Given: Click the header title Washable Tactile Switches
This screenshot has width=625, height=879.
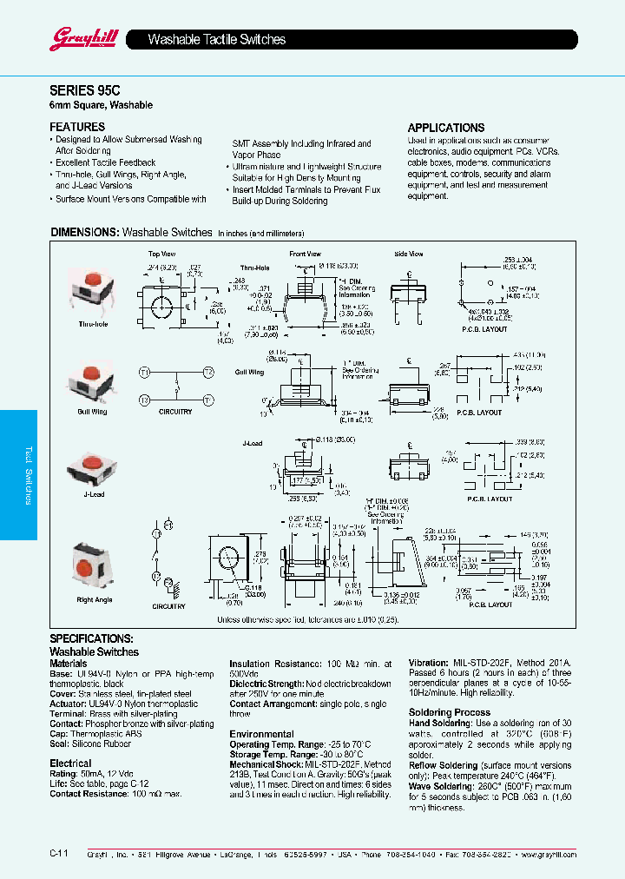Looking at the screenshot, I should point(217,40).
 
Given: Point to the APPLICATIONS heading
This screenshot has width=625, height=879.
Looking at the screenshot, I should point(446,128).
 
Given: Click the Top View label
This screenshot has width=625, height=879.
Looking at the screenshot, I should point(161,254).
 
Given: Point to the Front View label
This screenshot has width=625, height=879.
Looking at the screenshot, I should point(306,254).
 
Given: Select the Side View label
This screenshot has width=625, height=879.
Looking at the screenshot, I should point(408,254).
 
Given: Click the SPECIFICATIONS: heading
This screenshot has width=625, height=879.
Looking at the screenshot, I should point(91,638).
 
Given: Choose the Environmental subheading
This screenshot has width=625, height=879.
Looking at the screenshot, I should point(261,734).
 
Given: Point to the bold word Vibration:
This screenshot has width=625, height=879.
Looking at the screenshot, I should point(428,663).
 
